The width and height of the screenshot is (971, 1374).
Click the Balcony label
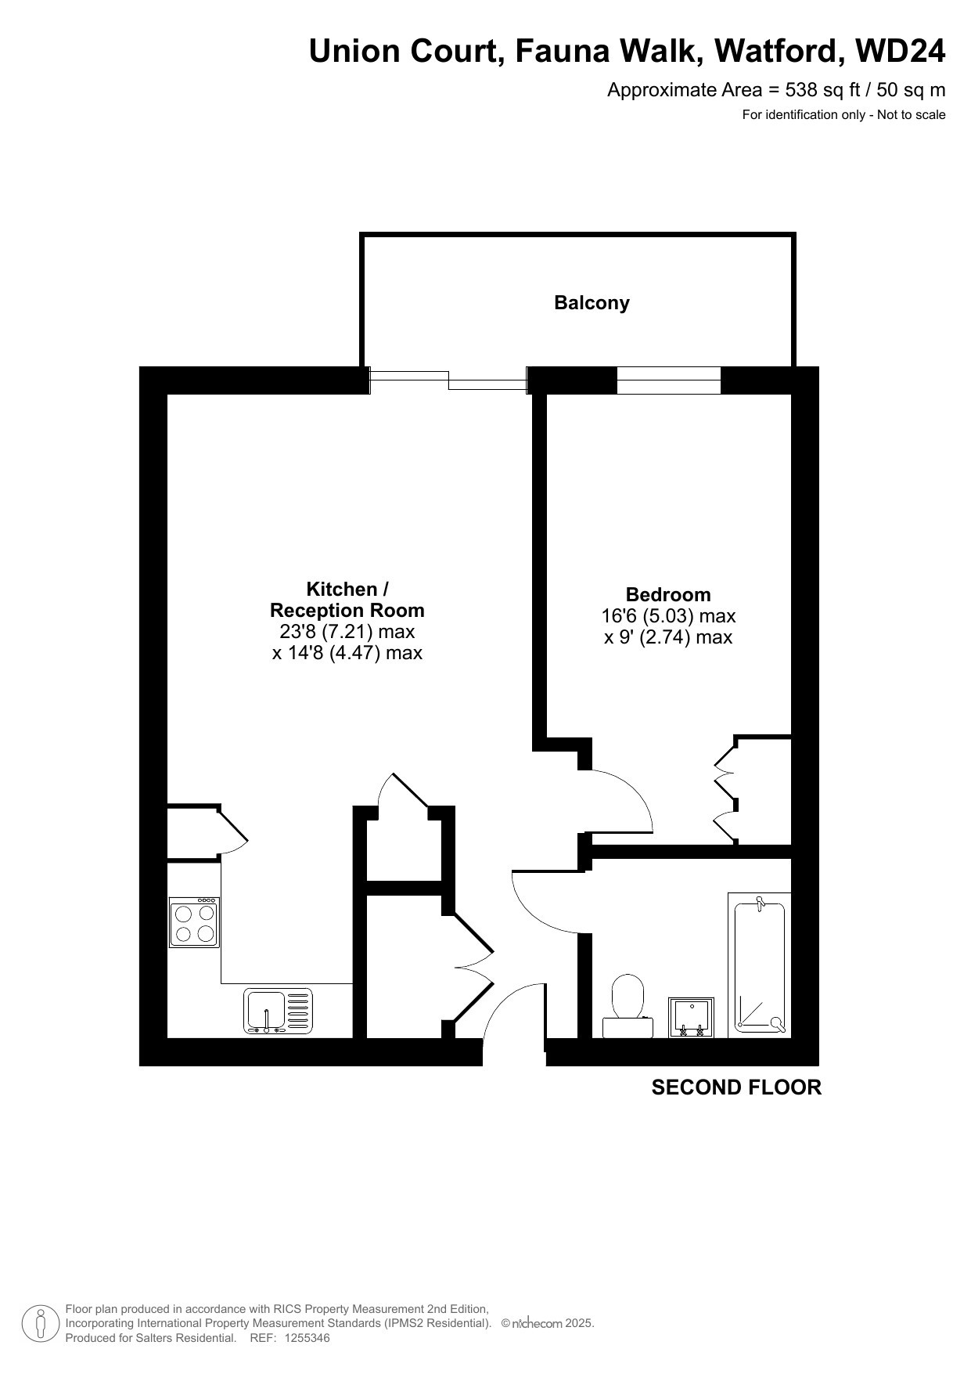click(592, 303)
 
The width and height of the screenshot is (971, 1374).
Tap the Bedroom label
click(668, 594)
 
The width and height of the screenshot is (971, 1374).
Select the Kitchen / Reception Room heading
click(347, 600)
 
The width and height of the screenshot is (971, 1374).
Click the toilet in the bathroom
click(628, 1007)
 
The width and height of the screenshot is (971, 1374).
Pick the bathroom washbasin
click(691, 1018)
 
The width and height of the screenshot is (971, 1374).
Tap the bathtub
click(759, 965)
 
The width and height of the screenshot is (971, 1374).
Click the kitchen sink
click(279, 1011)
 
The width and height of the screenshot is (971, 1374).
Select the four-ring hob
click(194, 922)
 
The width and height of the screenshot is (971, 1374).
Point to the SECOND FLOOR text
click(736, 1087)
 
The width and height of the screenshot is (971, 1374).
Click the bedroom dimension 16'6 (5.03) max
click(668, 616)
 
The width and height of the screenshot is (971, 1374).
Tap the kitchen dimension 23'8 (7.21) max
click(347, 632)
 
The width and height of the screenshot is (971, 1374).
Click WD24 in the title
click(901, 51)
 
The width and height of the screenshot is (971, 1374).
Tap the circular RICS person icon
click(40, 1324)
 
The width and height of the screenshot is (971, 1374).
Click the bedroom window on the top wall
click(668, 380)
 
